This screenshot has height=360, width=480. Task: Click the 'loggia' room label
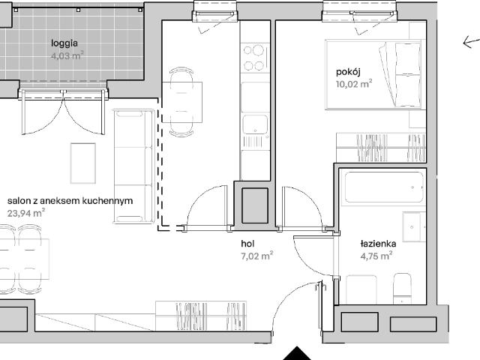(64, 43)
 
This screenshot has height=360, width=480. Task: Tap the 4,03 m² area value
(67, 56)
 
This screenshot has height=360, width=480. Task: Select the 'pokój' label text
(348, 72)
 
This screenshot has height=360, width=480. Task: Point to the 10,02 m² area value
(354, 83)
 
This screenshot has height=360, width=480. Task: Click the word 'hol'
(247, 244)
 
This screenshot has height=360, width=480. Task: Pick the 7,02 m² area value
(256, 256)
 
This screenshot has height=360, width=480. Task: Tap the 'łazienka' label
(378, 244)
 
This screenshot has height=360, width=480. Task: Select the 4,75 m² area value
(376, 256)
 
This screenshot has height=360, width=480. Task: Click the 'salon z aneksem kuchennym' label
(70, 201)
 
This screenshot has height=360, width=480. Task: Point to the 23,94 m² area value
(26, 213)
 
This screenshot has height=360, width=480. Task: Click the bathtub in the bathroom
(384, 187)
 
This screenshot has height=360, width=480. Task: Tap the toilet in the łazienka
(402, 289)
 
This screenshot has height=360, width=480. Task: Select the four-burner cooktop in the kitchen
(254, 57)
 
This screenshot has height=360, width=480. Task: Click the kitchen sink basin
(255, 124)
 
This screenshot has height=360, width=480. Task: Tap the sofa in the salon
(133, 166)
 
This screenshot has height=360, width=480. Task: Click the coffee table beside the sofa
(83, 163)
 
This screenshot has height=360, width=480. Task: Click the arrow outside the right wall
(472, 42)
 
